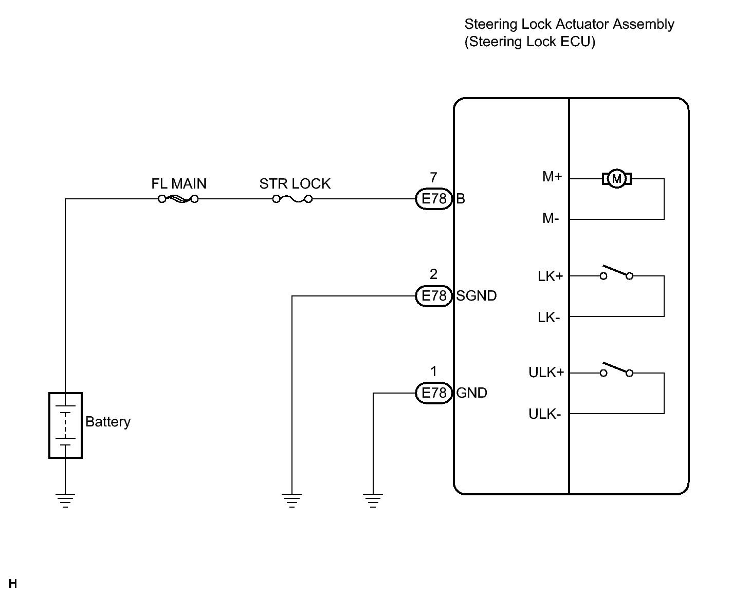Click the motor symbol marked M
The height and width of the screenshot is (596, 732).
(617, 179)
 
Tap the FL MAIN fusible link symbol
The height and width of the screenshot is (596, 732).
(178, 199)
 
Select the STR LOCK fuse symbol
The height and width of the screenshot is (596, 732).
(292, 199)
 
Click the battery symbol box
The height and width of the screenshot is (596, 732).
(65, 425)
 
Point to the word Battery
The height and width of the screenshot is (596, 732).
(108, 422)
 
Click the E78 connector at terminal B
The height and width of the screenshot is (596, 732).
(434, 199)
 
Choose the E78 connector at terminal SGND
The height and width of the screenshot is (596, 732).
(434, 296)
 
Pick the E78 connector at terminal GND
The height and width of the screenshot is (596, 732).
(434, 393)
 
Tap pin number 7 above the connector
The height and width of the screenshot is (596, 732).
(433, 178)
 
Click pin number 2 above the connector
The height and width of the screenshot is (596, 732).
(433, 274)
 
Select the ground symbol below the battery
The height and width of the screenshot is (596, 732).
(65, 500)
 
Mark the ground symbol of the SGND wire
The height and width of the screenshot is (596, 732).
(291, 500)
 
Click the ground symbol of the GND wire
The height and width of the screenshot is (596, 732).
(373, 500)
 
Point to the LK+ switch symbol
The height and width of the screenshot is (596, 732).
(617, 273)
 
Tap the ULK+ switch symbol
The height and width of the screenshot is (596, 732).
(617, 369)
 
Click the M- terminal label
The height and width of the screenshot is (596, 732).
(551, 219)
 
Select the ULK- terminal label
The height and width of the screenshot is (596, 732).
(545, 414)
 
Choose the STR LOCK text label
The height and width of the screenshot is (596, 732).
(295, 184)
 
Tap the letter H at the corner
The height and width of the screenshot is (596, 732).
(13, 584)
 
